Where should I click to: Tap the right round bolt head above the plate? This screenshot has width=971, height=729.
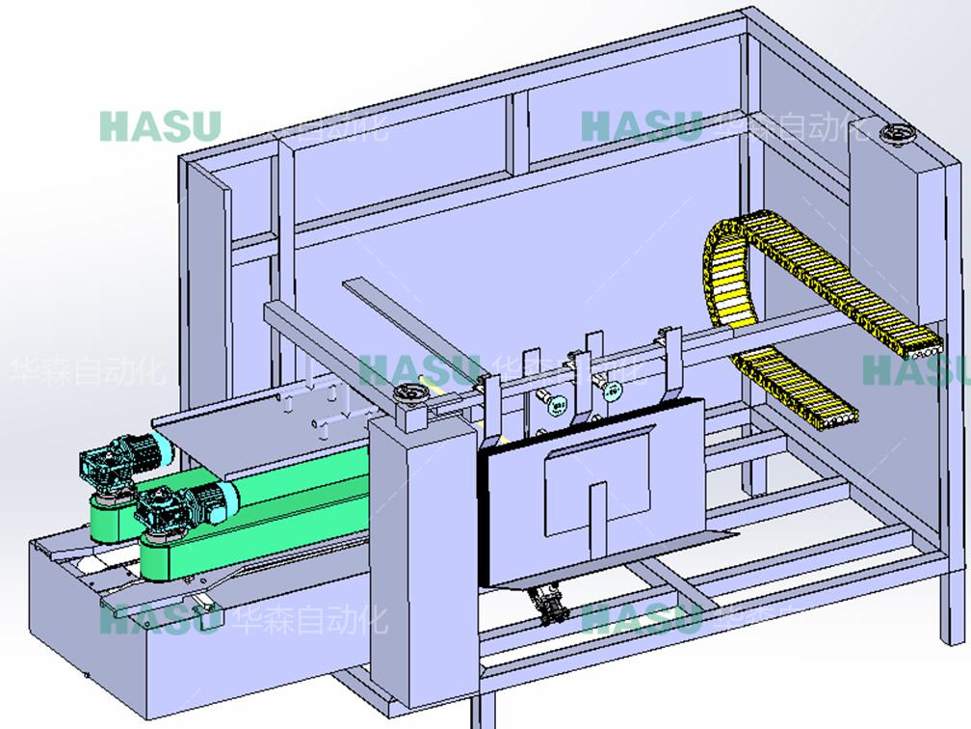[611, 390]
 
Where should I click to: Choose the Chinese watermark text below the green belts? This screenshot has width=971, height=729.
[308, 618]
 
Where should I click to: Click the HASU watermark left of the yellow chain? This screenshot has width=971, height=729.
[642, 125]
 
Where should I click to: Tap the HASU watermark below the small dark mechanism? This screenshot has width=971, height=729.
[641, 618]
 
